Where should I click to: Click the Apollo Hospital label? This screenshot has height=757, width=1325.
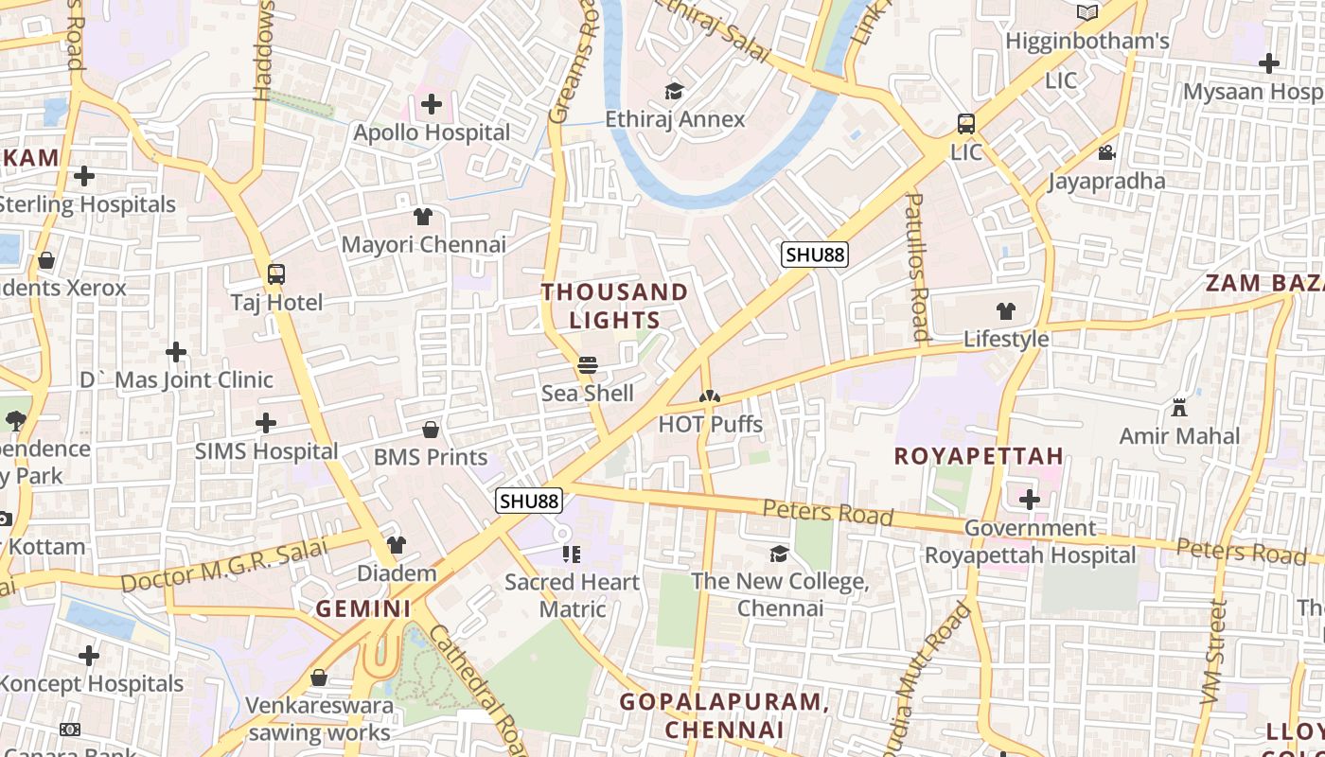[432, 132]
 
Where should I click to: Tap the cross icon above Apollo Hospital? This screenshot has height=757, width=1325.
[432, 104]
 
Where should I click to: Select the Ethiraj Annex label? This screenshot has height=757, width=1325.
[676, 119]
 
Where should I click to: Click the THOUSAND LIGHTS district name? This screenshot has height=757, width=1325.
[615, 306]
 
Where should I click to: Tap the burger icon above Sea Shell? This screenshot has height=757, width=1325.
[588, 364]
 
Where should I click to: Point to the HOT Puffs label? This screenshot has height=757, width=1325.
[710, 424]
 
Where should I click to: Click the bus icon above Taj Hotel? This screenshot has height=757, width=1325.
[276, 274]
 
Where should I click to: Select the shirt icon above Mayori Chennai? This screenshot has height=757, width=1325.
[423, 217]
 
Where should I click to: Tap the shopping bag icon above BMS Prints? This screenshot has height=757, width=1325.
[431, 430]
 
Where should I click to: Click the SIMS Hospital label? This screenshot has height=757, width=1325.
[266, 451]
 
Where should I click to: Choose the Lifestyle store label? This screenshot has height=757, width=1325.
[1006, 339]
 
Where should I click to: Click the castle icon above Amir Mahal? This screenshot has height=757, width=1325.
[1179, 408]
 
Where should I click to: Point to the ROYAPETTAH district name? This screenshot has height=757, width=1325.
[979, 456]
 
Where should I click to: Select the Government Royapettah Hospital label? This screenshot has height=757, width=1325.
[1030, 541]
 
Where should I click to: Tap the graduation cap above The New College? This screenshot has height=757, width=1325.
[780, 554]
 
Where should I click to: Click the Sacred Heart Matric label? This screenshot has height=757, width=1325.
[572, 595]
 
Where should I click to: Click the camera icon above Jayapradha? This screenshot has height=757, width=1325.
[1106, 152]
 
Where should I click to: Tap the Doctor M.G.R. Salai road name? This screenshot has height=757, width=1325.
[224, 567]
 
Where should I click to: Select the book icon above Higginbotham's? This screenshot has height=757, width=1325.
[1087, 13]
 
